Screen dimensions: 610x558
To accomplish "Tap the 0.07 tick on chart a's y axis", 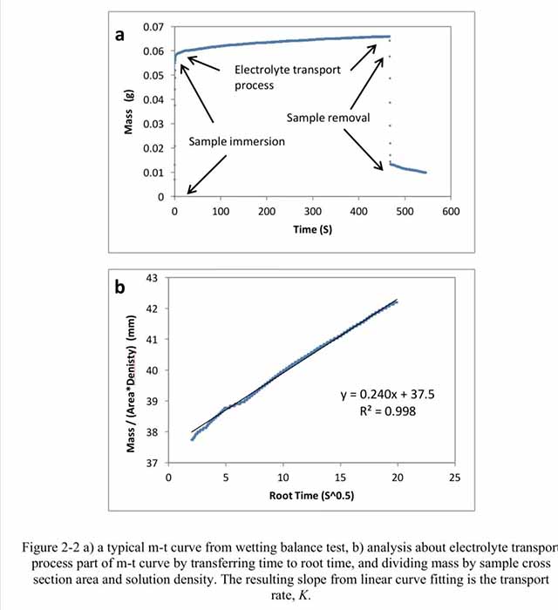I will pyautogui.click(x=153, y=27).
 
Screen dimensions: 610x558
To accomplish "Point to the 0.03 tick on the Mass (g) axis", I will pyautogui.click(x=153, y=124).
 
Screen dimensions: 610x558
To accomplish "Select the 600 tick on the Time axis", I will pyautogui.click(x=451, y=212).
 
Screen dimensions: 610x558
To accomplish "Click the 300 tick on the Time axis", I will pyautogui.click(x=313, y=212).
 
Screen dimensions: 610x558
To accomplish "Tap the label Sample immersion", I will pyautogui.click(x=237, y=141).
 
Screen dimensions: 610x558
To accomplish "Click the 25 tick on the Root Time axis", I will pyautogui.click(x=453, y=478).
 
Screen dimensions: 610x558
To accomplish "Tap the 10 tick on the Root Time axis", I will pyautogui.click(x=282, y=478).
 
